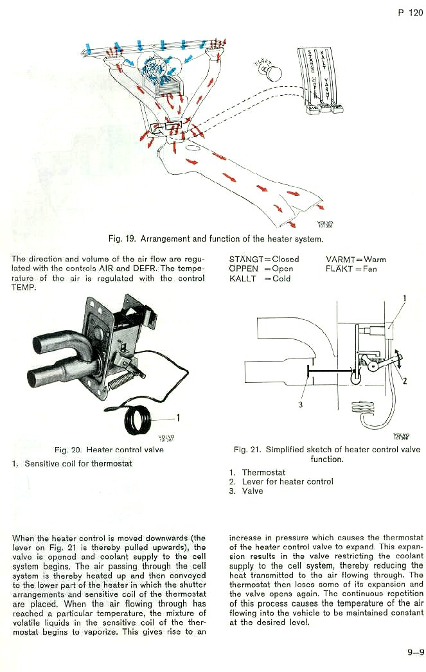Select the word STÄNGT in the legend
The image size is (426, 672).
pyautogui.click(x=244, y=260)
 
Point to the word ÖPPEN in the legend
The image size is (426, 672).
pyautogui.click(x=244, y=269)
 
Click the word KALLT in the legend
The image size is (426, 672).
pyautogui.click(x=242, y=279)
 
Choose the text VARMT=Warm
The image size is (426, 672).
pyautogui.click(x=356, y=260)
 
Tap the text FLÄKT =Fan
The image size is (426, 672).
pyautogui.click(x=351, y=269)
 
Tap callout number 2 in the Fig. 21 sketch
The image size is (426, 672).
pyautogui.click(x=404, y=381)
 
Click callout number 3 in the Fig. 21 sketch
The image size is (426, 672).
pyautogui.click(x=300, y=404)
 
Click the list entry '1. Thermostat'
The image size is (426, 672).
pyautogui.click(x=257, y=472)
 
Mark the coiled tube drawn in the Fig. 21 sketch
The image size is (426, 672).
pyautogui.click(x=363, y=408)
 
